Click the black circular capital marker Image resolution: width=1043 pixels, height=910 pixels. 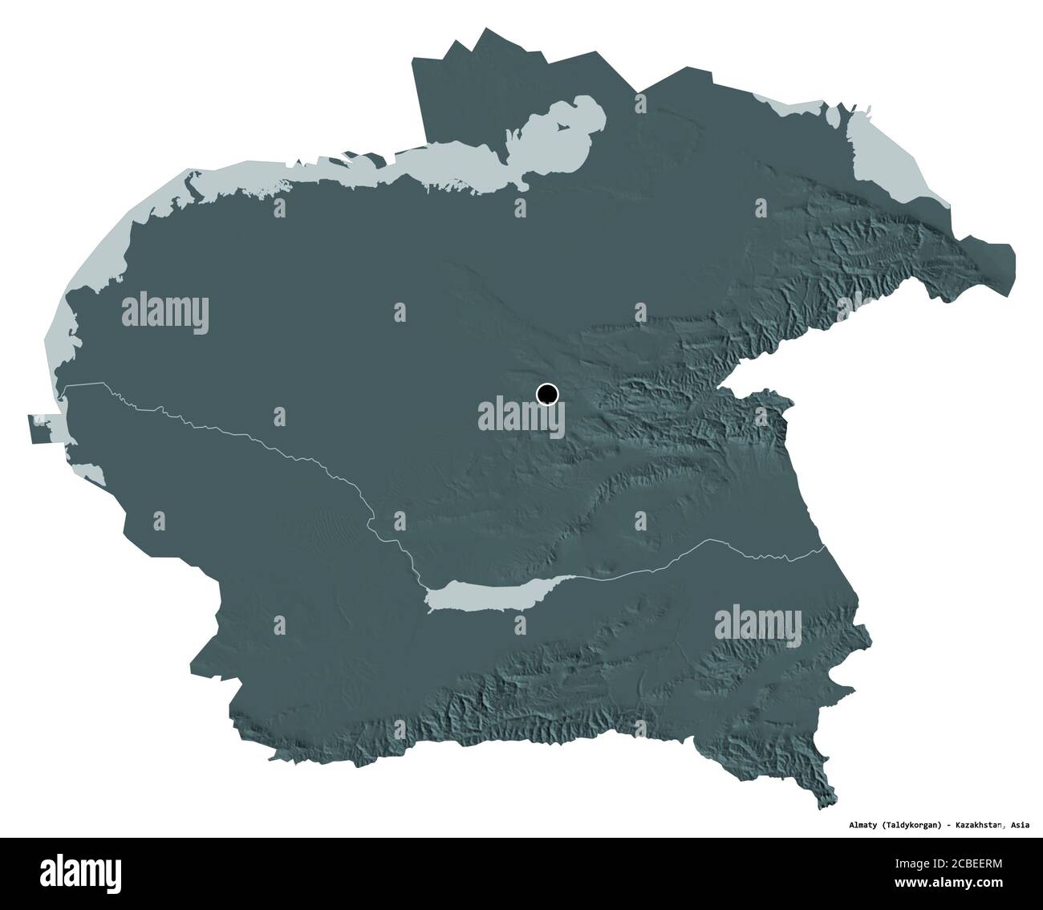(547, 394)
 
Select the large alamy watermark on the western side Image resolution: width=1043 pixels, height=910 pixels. (165, 313)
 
